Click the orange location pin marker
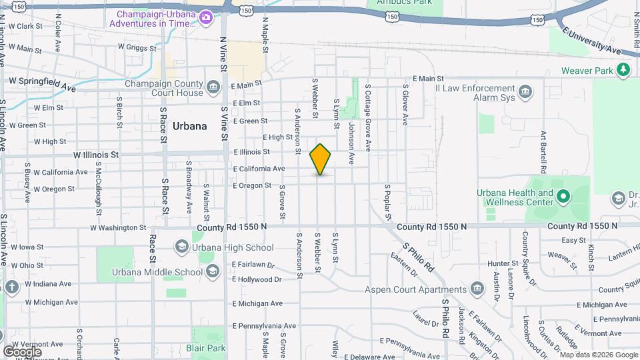(x=321, y=159)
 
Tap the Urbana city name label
(x=189, y=126)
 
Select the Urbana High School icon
(x=181, y=247)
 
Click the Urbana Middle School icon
(x=212, y=271)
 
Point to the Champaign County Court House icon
(x=213, y=87)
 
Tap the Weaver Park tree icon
(x=623, y=69)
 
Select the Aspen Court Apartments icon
(x=477, y=289)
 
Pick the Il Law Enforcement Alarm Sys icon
(x=525, y=91)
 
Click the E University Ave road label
(x=591, y=40)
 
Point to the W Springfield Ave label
(x=41, y=83)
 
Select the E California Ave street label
(x=259, y=169)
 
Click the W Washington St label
(x=118, y=227)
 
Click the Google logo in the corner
(x=23, y=351)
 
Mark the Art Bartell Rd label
(x=544, y=151)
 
